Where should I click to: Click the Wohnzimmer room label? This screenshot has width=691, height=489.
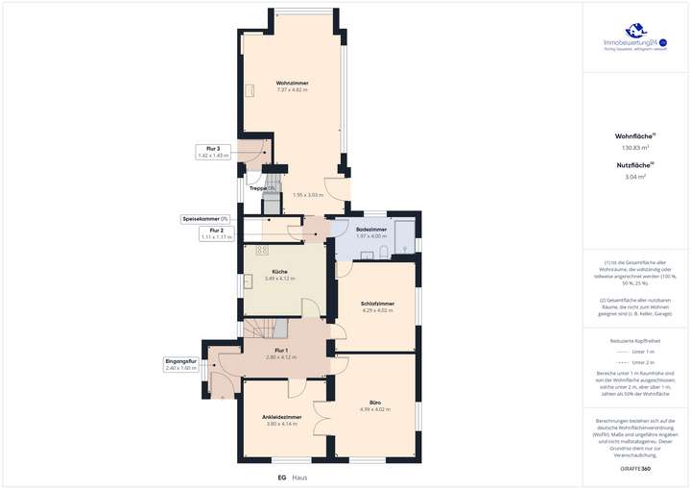click(x=291, y=83)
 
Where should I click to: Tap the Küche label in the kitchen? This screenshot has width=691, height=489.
click(x=279, y=272)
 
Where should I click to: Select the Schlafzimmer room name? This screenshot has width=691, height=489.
click(x=378, y=303)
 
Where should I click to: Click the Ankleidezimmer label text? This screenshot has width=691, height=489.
click(x=282, y=417)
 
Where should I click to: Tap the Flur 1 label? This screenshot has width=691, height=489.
click(x=281, y=351)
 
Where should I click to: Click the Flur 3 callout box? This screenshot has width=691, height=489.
click(x=214, y=152)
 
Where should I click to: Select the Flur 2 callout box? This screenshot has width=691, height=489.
click(x=216, y=232)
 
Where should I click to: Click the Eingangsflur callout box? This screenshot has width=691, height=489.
click(x=180, y=365)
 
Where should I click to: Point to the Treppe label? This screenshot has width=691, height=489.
click(x=261, y=188)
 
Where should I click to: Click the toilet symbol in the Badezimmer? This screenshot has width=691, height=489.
click(x=383, y=252)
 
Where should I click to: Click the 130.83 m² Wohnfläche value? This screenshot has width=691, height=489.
click(x=634, y=148)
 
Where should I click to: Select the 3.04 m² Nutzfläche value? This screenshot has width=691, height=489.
click(x=634, y=177)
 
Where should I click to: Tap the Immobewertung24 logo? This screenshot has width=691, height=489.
click(x=634, y=43)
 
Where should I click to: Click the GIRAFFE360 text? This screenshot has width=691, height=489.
click(x=635, y=467)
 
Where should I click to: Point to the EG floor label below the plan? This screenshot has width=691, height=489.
click(x=282, y=477)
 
